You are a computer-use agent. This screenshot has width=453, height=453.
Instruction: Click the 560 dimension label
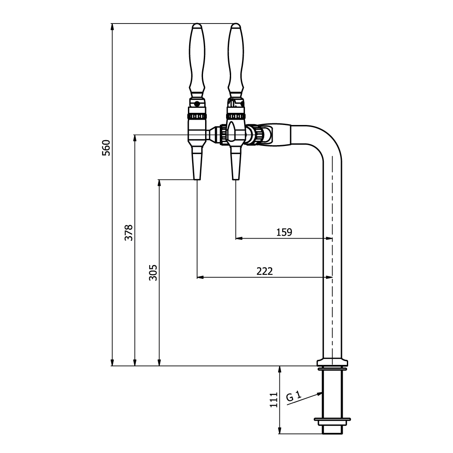[106, 148]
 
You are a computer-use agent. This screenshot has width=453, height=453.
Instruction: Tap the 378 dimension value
[129, 232]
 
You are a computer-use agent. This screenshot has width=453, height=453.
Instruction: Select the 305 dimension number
[153, 273]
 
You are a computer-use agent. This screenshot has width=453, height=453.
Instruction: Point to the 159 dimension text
[284, 232]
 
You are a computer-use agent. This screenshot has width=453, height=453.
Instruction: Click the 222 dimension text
[265, 271]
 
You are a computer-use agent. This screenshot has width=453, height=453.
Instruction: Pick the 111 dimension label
[273, 400]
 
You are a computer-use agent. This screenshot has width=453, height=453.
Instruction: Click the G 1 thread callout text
[294, 396]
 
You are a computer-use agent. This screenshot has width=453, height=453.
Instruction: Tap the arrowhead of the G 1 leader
[320, 393]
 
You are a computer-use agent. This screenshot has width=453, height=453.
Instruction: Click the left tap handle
[197, 61]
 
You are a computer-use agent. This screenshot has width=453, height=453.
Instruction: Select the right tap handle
[236, 61]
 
